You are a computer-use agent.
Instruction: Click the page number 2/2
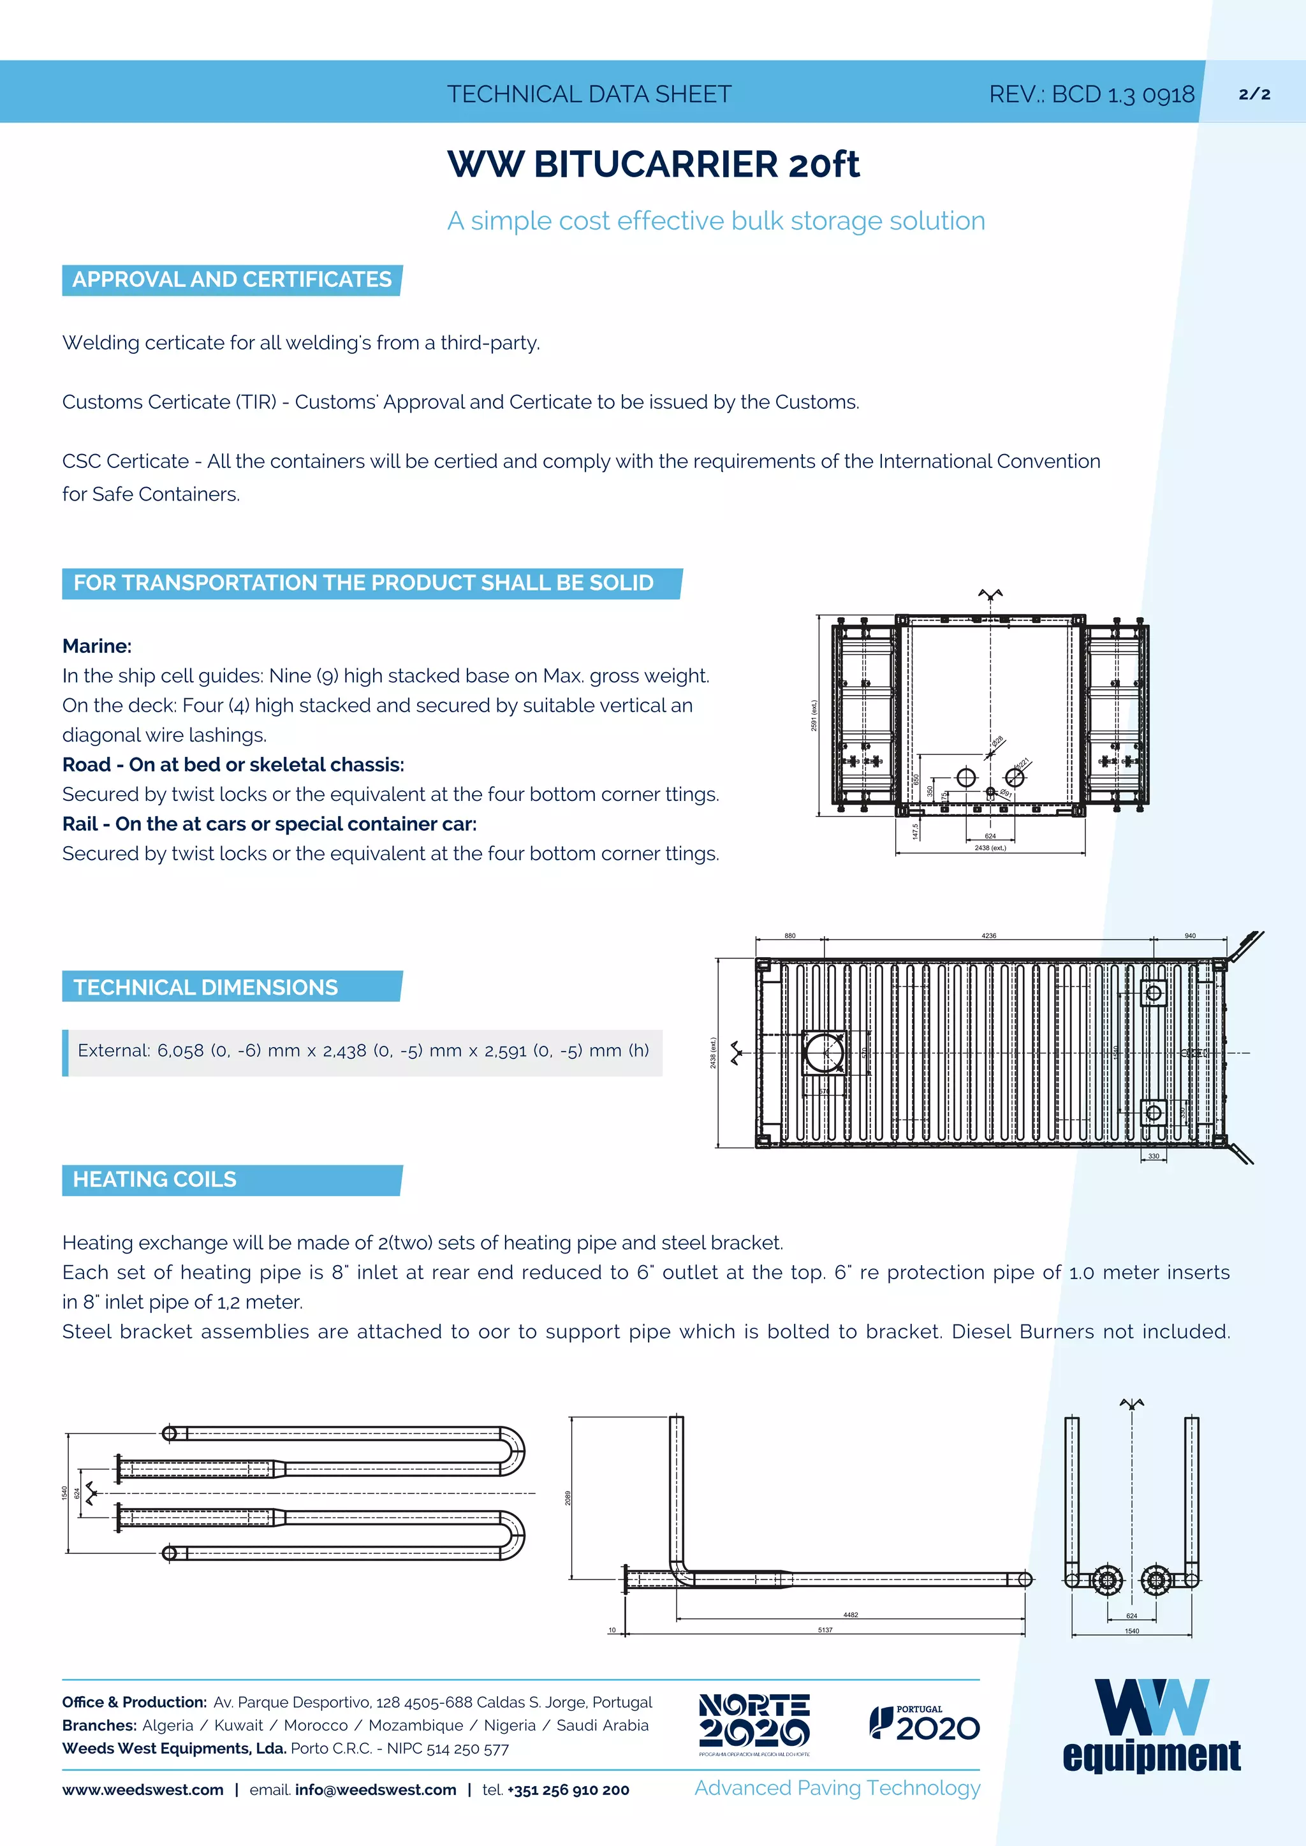click(x=1254, y=94)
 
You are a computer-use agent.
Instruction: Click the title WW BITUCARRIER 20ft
click(x=653, y=164)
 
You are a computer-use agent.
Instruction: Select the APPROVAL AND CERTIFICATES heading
click(x=231, y=280)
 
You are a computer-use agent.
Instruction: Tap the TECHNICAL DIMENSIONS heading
click(x=206, y=987)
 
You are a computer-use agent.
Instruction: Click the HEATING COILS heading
click(x=154, y=1180)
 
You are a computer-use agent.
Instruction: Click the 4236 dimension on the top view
click(x=988, y=936)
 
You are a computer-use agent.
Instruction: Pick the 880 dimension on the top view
click(x=789, y=936)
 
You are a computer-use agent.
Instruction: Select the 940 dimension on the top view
click(x=1189, y=936)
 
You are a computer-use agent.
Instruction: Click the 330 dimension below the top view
click(x=1153, y=1156)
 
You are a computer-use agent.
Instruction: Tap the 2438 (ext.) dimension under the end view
click(x=990, y=847)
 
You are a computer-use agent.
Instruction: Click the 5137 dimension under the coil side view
click(x=825, y=1630)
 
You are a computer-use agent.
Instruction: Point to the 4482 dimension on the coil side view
click(x=850, y=1615)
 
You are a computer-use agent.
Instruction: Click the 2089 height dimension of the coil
click(x=568, y=1498)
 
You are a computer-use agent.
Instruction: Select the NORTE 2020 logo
click(x=754, y=1724)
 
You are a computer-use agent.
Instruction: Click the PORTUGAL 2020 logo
click(x=924, y=1724)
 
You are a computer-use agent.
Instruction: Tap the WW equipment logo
click(x=1151, y=1725)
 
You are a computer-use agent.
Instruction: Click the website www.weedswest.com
click(x=143, y=1790)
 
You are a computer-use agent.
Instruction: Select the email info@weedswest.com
click(x=376, y=1790)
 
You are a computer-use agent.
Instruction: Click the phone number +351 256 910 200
click(x=568, y=1790)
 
